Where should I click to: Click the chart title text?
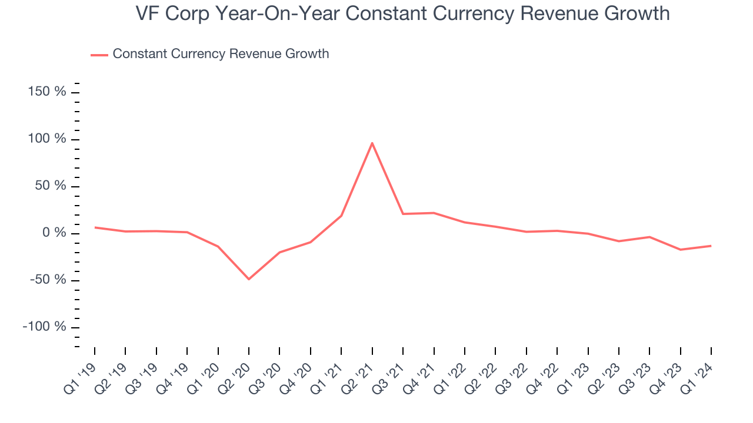point(402,13)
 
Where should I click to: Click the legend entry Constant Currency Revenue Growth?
point(221,54)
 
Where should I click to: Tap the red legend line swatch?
point(99,55)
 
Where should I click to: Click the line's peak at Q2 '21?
point(372,143)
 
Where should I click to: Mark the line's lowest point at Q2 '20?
point(249,279)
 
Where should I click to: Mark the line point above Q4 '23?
point(681,250)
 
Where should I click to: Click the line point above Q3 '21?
point(403,214)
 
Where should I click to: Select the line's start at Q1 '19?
point(95,227)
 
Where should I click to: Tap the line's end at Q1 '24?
point(711,246)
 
